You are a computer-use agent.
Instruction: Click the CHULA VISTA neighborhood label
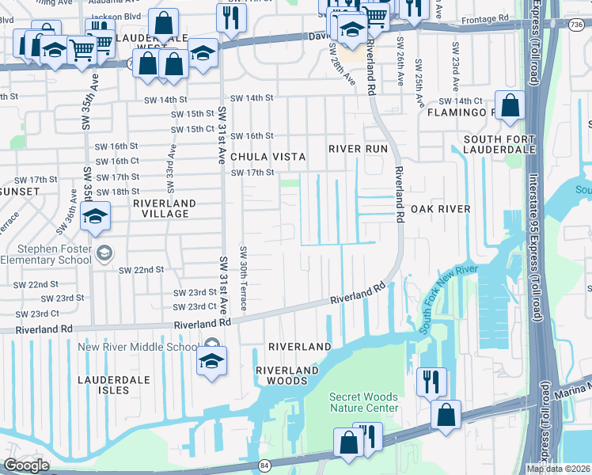click(269, 157)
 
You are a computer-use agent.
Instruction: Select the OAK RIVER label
click(440, 209)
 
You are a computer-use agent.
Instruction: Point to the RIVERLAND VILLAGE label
click(161, 208)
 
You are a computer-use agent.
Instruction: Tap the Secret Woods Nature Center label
click(365, 402)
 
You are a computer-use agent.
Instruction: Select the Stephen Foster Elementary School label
click(47, 254)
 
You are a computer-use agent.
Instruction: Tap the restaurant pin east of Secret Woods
click(431, 382)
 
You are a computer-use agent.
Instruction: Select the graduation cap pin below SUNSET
click(94, 218)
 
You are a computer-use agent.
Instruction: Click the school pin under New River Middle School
click(211, 362)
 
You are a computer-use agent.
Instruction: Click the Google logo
click(25, 465)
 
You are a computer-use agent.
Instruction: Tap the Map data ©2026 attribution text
click(558, 469)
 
